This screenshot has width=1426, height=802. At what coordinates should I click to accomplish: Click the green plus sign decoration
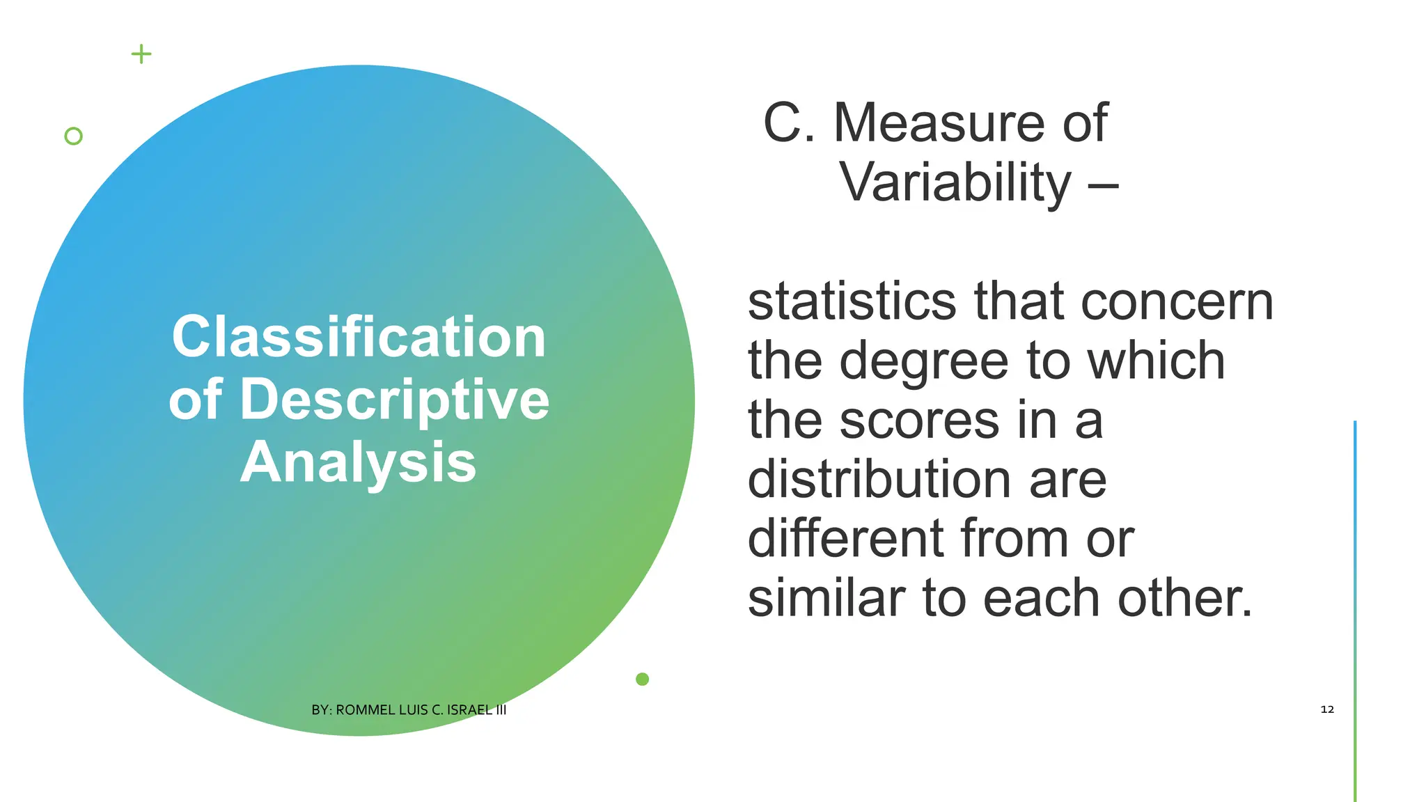pyautogui.click(x=141, y=54)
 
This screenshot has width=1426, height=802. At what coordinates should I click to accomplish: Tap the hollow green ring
pyautogui.click(x=73, y=136)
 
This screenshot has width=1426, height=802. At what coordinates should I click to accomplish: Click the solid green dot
pyautogui.click(x=642, y=679)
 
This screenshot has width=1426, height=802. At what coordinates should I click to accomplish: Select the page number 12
pyautogui.click(x=1327, y=709)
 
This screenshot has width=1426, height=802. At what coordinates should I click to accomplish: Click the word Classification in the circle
pyautogui.click(x=359, y=337)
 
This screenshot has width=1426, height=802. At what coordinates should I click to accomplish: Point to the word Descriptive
pyautogui.click(x=394, y=400)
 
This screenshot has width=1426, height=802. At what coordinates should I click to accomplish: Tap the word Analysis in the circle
pyautogui.click(x=359, y=462)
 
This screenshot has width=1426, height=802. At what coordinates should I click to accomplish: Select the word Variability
pyautogui.click(x=955, y=182)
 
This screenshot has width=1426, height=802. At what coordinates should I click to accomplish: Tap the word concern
pyautogui.click(x=1177, y=302)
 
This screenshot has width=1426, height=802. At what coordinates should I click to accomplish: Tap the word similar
pyautogui.click(x=826, y=598)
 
